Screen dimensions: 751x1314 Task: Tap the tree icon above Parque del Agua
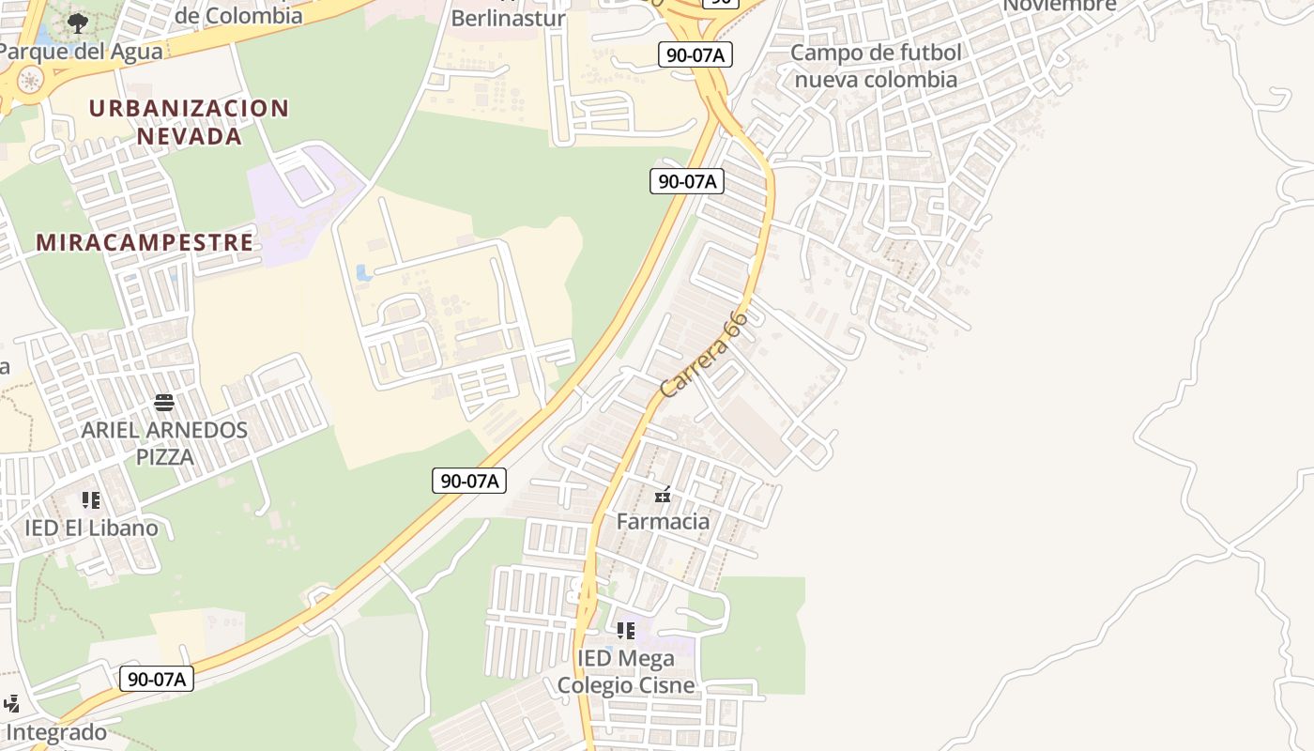coord(78,23)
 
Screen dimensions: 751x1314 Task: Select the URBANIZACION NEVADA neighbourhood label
coord(189,122)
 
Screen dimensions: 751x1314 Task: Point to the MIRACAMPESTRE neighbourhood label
coord(145,242)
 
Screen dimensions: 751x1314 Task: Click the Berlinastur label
coord(508,18)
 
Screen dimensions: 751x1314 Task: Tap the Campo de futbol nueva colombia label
coord(876,66)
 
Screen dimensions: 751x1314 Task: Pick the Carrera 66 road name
coord(704,354)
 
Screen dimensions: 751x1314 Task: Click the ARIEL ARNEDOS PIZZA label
coord(164,443)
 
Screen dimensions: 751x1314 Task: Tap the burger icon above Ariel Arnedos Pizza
coord(164,403)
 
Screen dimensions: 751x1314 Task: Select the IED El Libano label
coord(91,528)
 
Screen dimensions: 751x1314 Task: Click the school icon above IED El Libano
coord(90,500)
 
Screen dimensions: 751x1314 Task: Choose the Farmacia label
coord(663,521)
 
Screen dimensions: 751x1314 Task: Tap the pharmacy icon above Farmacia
coord(663,495)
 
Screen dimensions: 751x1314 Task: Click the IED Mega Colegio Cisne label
coord(626,671)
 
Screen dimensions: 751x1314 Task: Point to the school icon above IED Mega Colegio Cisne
coord(626,631)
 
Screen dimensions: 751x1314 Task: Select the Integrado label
coord(56,732)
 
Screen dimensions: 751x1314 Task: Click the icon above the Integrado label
coord(11,703)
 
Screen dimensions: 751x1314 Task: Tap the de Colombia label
coord(239,15)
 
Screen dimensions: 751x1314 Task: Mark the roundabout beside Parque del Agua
coord(30,79)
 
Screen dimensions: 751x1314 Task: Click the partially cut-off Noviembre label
coord(1060,6)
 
